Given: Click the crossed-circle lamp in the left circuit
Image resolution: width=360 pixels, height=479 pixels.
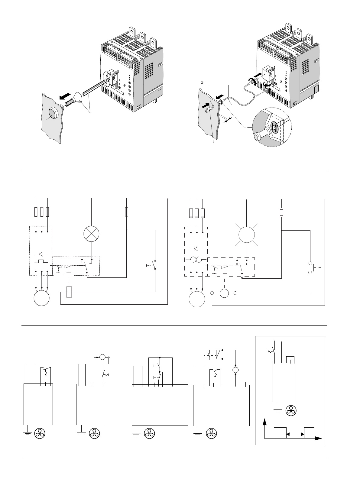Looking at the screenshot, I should tap(92, 234).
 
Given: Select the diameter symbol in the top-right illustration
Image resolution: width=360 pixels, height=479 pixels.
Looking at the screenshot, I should tap(202, 83).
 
